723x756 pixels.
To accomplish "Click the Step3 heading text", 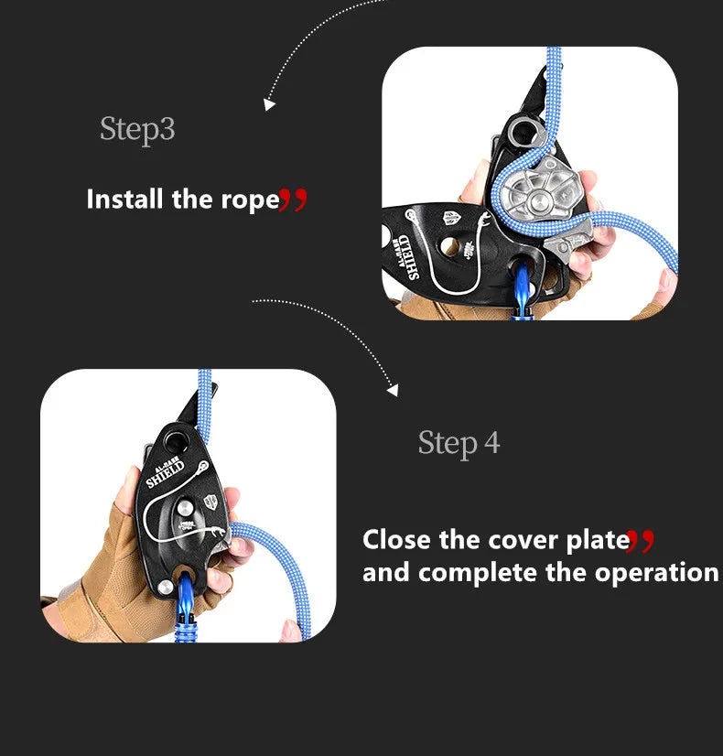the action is (137, 130).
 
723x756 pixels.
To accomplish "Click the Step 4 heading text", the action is (459, 443).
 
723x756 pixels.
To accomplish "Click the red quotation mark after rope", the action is (293, 200).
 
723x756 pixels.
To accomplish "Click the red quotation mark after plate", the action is (641, 541).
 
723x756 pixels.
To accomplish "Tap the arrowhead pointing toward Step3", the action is (269, 104).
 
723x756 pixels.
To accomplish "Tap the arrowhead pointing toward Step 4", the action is (394, 390).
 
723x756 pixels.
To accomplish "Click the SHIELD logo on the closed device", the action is (166, 473).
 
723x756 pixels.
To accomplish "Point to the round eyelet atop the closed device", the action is (175, 440).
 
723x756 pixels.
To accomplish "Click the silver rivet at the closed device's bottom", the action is (165, 588).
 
